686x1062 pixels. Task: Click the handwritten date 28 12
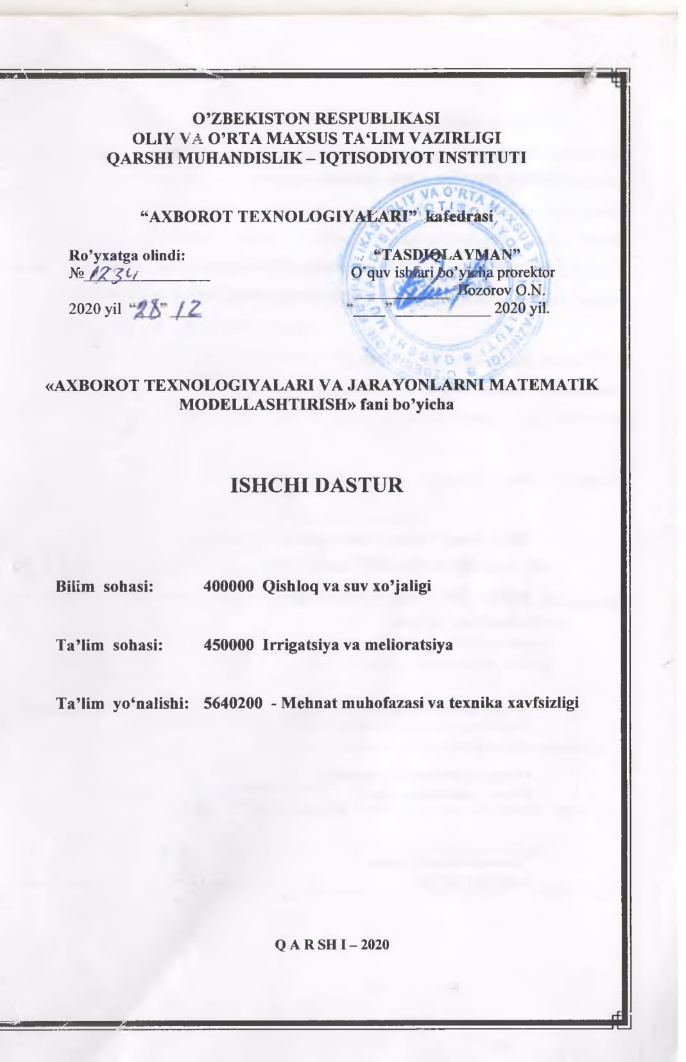(x=166, y=309)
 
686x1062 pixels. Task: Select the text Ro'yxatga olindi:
(x=127, y=255)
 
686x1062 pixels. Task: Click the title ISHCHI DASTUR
(x=316, y=485)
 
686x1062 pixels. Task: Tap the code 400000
(x=228, y=586)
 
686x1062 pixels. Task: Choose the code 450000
(x=228, y=645)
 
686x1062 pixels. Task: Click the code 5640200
(x=233, y=702)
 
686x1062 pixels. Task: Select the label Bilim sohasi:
(x=105, y=586)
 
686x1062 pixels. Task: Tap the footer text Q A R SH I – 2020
(x=332, y=944)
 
